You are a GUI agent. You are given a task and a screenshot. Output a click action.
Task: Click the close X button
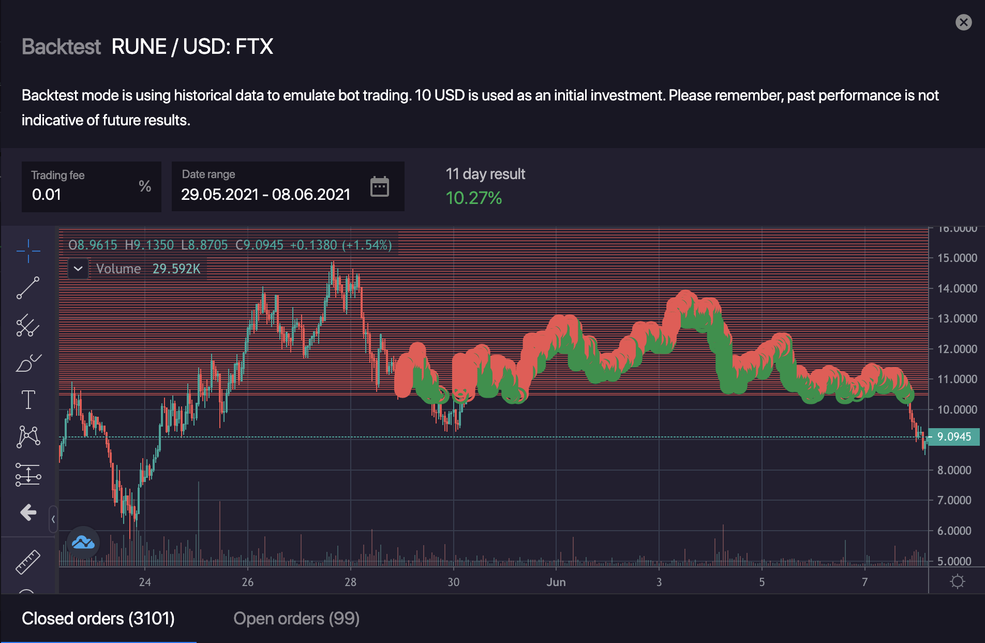coord(963,22)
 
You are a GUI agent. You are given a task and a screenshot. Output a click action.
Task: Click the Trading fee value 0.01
coord(47,195)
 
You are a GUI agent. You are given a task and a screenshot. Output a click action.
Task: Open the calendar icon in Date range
coord(380,186)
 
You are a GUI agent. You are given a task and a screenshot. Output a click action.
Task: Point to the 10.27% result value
coord(474,198)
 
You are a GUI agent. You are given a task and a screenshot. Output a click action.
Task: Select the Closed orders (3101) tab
coord(98,618)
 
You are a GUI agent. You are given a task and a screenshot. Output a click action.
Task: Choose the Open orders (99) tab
coord(296,618)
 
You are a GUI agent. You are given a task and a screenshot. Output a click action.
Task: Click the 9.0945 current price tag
coord(953,436)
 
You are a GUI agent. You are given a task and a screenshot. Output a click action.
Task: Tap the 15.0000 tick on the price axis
coord(957,258)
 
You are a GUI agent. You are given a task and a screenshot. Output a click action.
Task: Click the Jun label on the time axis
coord(556,582)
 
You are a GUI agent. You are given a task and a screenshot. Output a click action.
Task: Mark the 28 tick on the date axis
coord(350,582)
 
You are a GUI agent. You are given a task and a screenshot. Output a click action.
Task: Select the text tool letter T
coord(28,400)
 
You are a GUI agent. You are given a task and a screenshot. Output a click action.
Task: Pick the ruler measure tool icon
coord(28,562)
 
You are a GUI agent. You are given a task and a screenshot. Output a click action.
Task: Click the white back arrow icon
coord(28,513)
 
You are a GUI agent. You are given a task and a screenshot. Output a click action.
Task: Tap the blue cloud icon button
coord(83,543)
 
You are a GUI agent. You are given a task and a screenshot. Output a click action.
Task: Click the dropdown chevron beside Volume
coord(78,269)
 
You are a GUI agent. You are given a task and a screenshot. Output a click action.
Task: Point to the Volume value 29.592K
coord(176,269)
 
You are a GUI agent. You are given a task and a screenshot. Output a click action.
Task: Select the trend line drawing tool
coord(28,288)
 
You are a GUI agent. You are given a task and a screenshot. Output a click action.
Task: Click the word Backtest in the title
coord(61,47)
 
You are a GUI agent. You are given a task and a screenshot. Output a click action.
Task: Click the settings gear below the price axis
coord(958,581)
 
